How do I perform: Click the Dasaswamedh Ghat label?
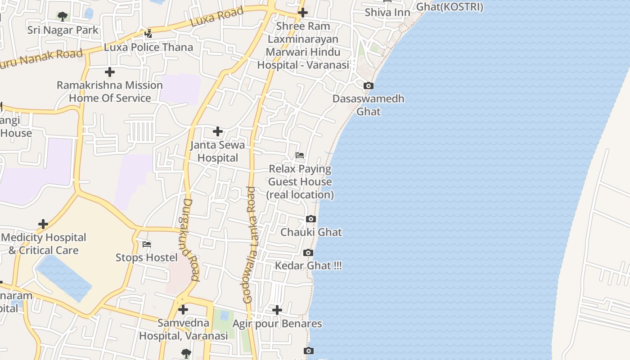[368, 105]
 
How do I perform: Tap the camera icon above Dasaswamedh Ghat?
[368, 85]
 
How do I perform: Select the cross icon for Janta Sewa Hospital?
[218, 131]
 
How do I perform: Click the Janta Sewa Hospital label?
[218, 151]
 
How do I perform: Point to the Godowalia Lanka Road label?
[249, 245]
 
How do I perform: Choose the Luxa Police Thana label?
[148, 47]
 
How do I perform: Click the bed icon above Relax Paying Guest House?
[300, 155]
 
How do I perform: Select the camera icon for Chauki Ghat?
[310, 219]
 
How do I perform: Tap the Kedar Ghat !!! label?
[308, 265]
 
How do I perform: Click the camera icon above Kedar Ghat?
[308, 252]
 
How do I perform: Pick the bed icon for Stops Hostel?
[147, 244]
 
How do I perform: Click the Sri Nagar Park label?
[63, 30]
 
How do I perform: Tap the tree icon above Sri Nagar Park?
[63, 17]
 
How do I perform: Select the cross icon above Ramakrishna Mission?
[109, 72]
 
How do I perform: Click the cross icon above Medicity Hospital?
[43, 224]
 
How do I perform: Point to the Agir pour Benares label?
[277, 324]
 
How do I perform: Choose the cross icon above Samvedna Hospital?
[183, 310]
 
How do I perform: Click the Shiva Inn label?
[387, 12]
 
